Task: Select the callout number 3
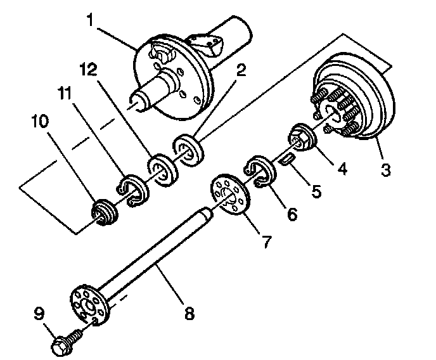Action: pyautogui.click(x=385, y=170)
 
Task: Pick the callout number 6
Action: pyautogui.click(x=292, y=214)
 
